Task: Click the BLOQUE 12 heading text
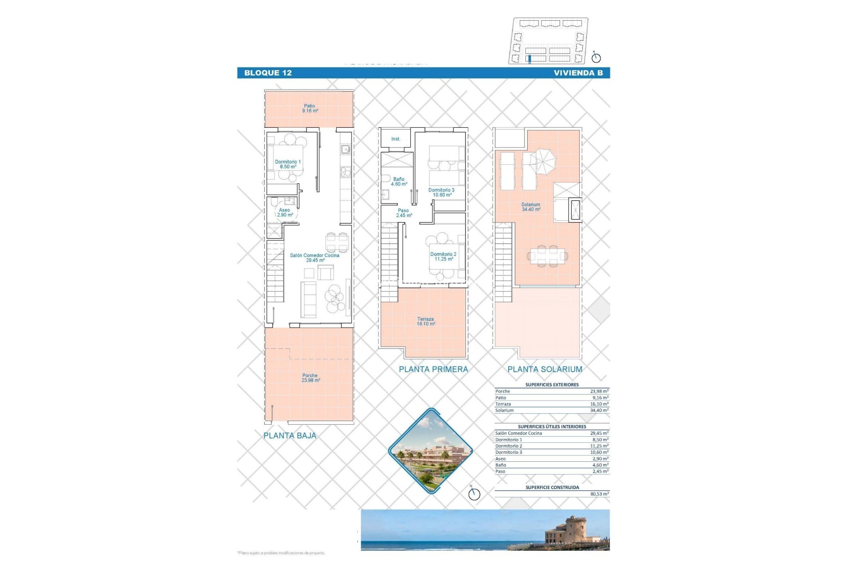pyautogui.click(x=268, y=73)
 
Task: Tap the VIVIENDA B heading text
pyautogui.click(x=578, y=73)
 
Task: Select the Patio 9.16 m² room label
pyautogui.click(x=310, y=108)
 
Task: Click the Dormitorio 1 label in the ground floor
pyautogui.click(x=288, y=164)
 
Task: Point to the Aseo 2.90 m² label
pyautogui.click(x=285, y=212)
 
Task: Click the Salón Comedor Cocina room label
pyautogui.click(x=315, y=258)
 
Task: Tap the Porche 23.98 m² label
pyautogui.click(x=310, y=378)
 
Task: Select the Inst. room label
pyautogui.click(x=396, y=139)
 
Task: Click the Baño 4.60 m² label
pyautogui.click(x=399, y=182)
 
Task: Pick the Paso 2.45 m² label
pyautogui.click(x=403, y=213)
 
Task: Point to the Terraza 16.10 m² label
pyautogui.click(x=425, y=322)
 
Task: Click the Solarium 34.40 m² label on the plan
pyautogui.click(x=531, y=207)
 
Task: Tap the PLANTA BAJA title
pyautogui.click(x=290, y=436)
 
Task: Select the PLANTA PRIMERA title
pyautogui.click(x=433, y=370)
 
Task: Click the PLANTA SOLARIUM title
pyautogui.click(x=545, y=370)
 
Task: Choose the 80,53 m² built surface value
pyautogui.click(x=599, y=494)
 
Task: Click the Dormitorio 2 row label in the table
pyautogui.click(x=509, y=446)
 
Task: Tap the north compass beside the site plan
pyautogui.click(x=596, y=57)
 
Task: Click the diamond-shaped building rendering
pyautogui.click(x=430, y=450)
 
